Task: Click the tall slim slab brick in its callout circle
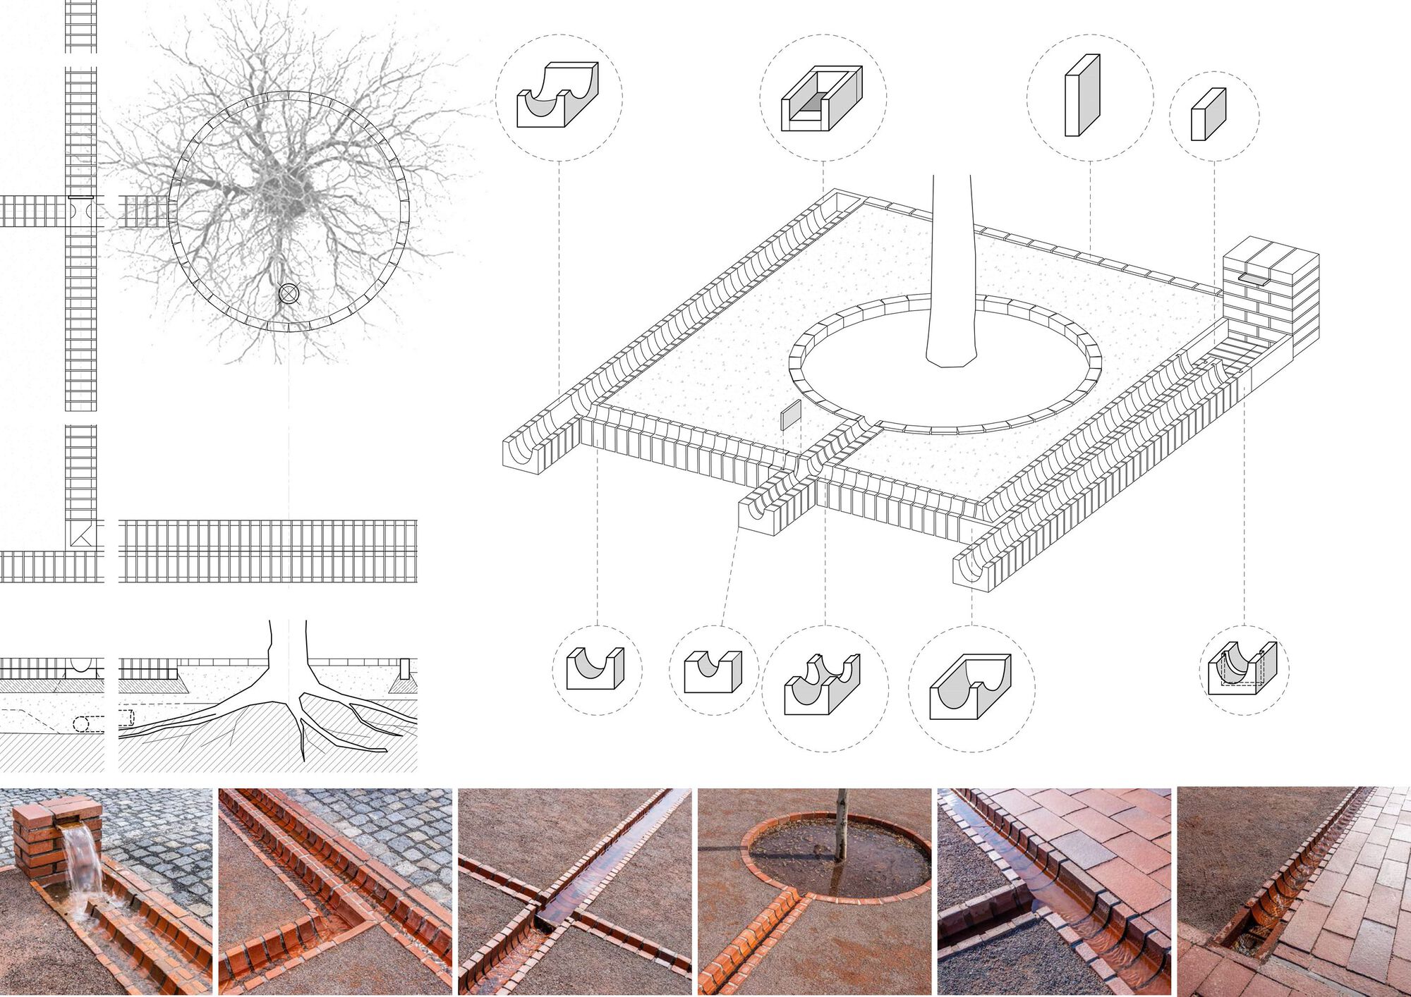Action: pos(1082,96)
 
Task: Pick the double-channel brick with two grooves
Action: pos(822,685)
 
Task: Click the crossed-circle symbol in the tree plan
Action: pos(289,293)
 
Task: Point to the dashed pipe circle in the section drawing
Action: pos(81,723)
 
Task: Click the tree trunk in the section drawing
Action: pos(288,656)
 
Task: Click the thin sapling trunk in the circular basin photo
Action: pos(841,825)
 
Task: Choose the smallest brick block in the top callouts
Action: pos(1208,114)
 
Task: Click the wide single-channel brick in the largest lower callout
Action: pos(970,687)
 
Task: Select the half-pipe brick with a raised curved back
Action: pos(557,95)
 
